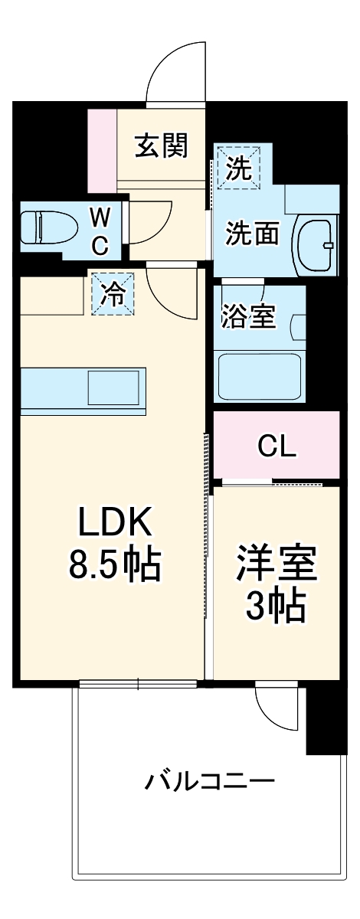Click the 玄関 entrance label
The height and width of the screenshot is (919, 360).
click(161, 145)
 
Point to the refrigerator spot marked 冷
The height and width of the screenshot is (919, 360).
click(113, 294)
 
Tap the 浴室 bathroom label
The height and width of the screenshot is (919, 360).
click(248, 316)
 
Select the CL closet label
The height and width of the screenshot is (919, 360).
click(277, 446)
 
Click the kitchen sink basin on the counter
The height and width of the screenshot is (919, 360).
click(115, 388)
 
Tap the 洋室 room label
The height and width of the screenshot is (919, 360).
click(276, 565)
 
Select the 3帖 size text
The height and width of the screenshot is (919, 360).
click(276, 607)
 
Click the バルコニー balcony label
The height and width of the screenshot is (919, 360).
click(211, 782)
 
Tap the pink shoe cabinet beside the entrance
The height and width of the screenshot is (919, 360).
click(101, 151)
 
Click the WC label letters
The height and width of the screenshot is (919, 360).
click(100, 232)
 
